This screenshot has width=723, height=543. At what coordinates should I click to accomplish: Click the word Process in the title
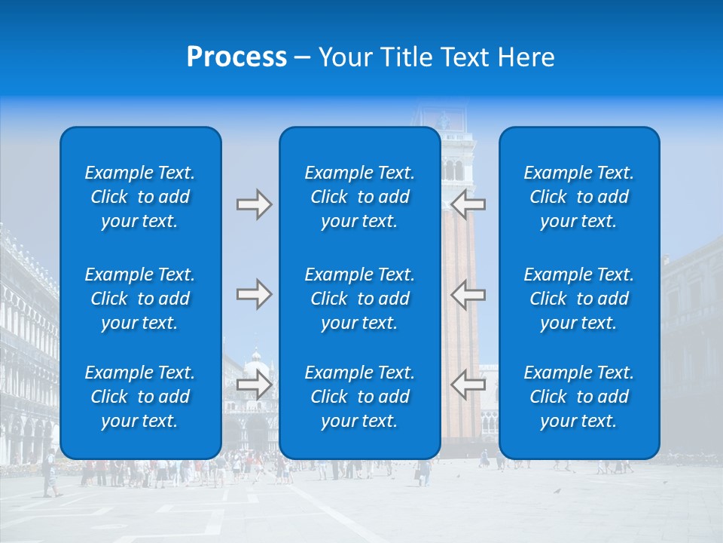coord(236,57)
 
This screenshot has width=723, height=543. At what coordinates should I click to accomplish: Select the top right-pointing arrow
coord(255,204)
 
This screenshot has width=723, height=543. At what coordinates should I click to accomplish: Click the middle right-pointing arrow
coord(255,294)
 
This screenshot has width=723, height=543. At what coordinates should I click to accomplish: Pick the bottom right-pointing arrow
coord(255,385)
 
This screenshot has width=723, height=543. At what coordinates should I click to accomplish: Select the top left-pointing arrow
coord(468,204)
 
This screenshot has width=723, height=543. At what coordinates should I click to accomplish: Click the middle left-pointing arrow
coord(468,294)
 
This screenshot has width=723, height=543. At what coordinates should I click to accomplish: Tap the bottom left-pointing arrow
coord(468,385)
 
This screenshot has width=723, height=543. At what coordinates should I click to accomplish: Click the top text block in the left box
coord(140,197)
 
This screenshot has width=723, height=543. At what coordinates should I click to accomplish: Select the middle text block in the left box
coord(140,299)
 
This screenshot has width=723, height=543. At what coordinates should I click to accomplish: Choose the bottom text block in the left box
coord(140,397)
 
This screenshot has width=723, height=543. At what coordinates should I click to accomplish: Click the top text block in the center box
coord(359,197)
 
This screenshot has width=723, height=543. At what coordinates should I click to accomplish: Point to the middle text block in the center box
coord(359,299)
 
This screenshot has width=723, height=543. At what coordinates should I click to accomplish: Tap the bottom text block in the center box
coord(359,397)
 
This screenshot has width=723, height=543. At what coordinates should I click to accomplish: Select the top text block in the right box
coord(578,197)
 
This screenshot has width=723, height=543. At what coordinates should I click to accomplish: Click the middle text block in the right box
coord(578,299)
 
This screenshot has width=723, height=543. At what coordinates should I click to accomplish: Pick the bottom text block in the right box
coord(578,397)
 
